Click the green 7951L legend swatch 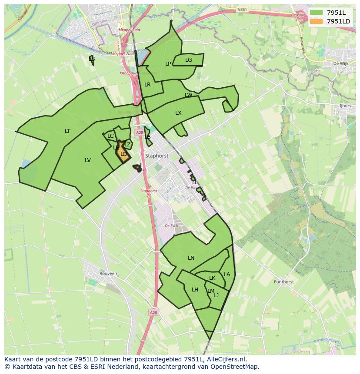[x=316, y=12]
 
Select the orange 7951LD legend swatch [x=316, y=21]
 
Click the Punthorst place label [x=283, y=282]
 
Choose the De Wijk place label [x=341, y=63]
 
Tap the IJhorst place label [x=346, y=106]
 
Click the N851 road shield [x=242, y=9]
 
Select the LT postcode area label [x=67, y=131]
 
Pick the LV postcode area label [x=88, y=160]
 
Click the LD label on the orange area [x=123, y=154]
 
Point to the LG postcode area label [x=188, y=60]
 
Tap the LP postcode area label [x=168, y=64]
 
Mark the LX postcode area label [x=178, y=113]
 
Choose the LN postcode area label [x=191, y=258]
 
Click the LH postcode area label [x=195, y=290]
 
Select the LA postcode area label [x=227, y=275]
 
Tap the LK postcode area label [x=212, y=278]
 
